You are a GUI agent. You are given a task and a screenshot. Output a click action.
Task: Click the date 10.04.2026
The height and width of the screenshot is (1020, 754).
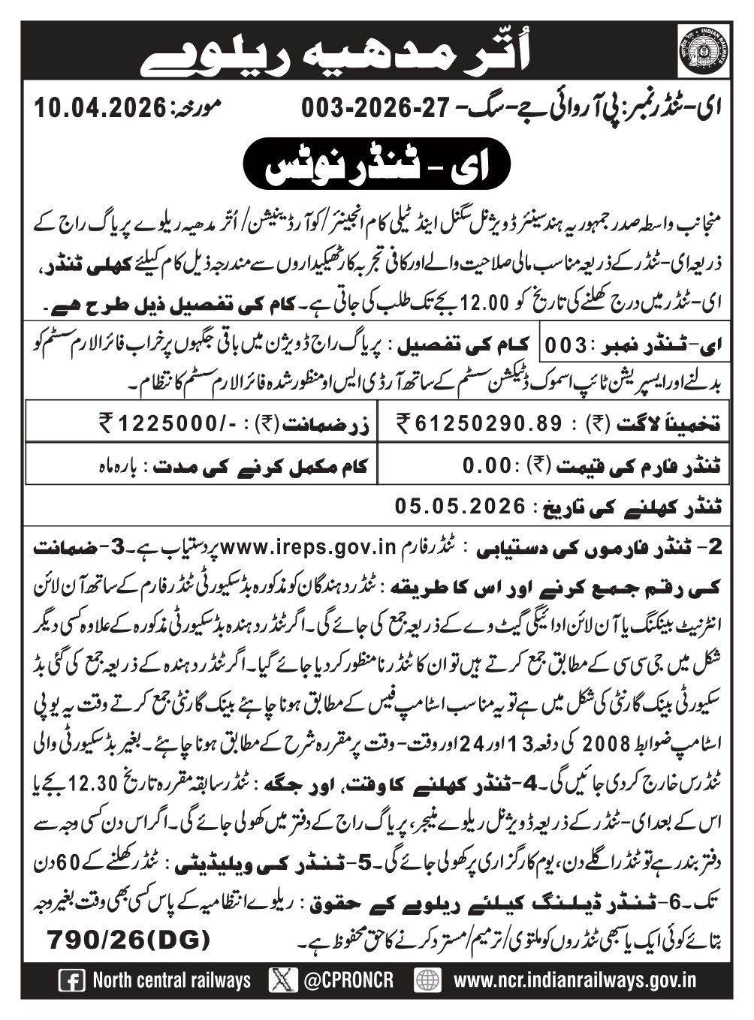(100, 109)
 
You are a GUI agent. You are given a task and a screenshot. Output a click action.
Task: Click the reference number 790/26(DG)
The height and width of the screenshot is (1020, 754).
(128, 938)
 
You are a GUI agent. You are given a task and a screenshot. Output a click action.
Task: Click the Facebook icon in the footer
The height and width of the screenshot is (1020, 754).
(71, 980)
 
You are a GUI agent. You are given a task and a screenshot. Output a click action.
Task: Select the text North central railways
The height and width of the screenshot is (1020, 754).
(172, 980)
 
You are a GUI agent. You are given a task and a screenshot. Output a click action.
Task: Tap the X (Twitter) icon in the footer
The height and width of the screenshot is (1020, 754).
(282, 980)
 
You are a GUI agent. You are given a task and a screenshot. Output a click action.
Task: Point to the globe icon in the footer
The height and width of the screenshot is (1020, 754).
(428, 980)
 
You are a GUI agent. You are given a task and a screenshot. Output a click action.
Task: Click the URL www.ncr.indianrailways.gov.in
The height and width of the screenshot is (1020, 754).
(576, 980)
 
